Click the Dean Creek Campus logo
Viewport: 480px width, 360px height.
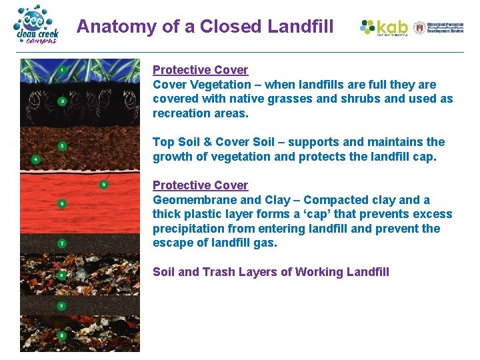coord(37,25)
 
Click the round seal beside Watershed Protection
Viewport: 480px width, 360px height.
coord(419,27)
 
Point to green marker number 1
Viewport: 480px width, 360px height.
coord(61,69)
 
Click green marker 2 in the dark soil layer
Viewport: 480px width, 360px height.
coord(61,101)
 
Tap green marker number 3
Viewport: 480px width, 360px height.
coord(61,145)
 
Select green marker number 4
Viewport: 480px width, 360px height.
coord(35,159)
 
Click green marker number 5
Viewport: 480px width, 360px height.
coord(103,184)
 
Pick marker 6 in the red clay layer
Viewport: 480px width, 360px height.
coord(61,203)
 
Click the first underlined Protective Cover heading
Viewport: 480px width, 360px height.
coord(200,70)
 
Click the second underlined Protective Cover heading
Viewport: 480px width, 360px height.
coord(200,185)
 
